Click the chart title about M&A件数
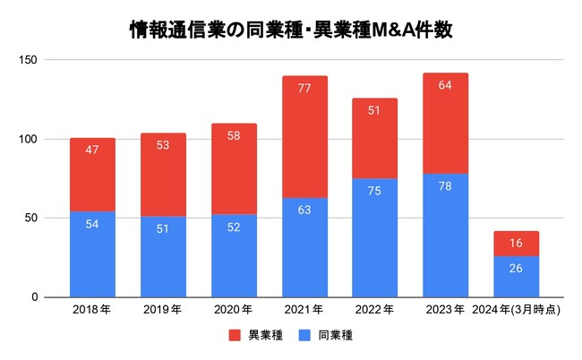click(292, 29)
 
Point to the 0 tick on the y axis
click(37, 297)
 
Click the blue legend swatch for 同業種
click(303, 336)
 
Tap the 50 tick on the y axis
click(33, 219)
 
